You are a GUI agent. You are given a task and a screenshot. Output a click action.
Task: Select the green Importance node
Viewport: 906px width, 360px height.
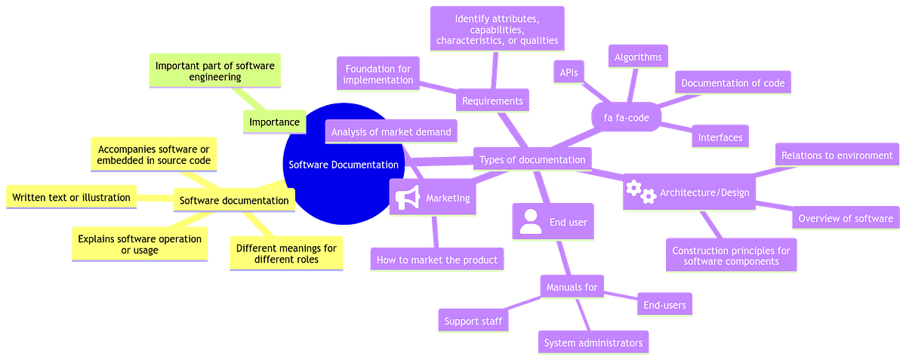point(274,122)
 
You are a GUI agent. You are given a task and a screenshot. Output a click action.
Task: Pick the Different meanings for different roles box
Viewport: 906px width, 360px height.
point(286,254)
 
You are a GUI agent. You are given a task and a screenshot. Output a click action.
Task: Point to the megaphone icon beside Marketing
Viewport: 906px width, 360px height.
point(407,198)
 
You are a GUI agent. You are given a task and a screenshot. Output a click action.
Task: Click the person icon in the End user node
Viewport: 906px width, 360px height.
point(531,222)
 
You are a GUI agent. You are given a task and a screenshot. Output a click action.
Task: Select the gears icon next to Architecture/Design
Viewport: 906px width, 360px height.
point(641,192)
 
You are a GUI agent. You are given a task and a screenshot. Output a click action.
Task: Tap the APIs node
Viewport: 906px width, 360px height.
point(569,72)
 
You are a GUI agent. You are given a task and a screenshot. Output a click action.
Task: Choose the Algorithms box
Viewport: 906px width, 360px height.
point(638,57)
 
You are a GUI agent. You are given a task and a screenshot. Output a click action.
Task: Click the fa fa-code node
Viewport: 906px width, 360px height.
point(625,118)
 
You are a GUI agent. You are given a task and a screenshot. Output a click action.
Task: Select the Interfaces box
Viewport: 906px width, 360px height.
point(720,137)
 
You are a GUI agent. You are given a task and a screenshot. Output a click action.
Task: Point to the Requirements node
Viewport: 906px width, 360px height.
point(492,100)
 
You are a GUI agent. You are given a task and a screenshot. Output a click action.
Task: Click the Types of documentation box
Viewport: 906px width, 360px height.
point(532,159)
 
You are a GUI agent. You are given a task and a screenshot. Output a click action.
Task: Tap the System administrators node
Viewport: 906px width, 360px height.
point(593,342)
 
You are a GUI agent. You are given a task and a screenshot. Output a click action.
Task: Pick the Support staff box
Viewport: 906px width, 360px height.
point(473,321)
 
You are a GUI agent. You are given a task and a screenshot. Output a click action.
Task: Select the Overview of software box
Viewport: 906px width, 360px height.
point(846,219)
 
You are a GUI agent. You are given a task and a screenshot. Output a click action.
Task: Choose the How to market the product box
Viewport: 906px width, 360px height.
point(437,260)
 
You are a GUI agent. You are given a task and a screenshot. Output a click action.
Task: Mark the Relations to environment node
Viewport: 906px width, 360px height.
point(837,155)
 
